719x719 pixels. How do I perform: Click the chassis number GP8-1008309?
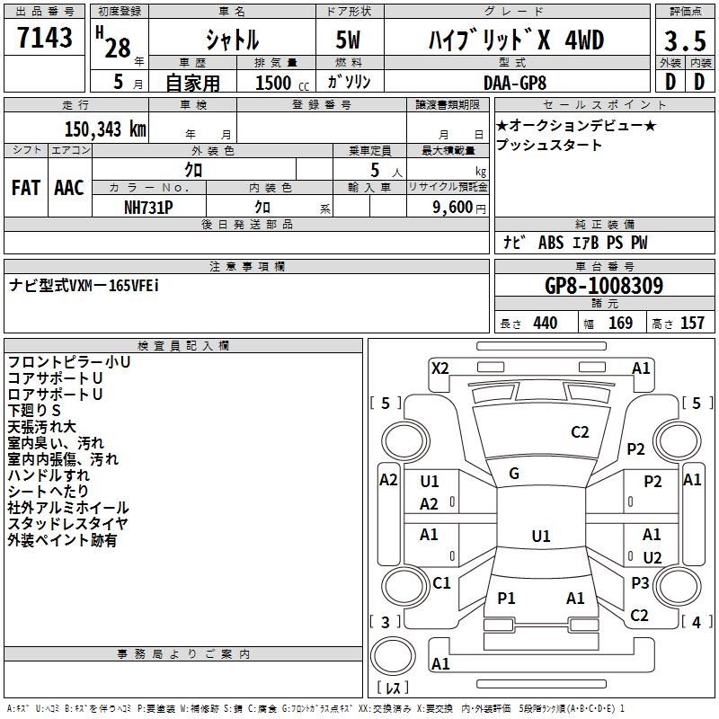[x=604, y=287]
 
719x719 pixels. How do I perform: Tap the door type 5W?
[x=348, y=40]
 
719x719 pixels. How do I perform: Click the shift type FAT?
[x=26, y=188]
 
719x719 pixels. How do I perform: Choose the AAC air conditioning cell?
[x=69, y=188]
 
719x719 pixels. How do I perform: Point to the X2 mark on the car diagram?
[x=439, y=368]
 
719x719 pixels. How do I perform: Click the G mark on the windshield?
[x=514, y=474]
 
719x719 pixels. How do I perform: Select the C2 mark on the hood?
[x=580, y=432]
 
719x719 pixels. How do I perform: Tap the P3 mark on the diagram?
[x=640, y=582]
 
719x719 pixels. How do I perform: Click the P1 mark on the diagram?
[x=506, y=599]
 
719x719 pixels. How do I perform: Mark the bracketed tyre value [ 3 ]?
[x=386, y=622]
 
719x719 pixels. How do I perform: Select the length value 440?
[x=545, y=324]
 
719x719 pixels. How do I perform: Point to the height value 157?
[x=692, y=324]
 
